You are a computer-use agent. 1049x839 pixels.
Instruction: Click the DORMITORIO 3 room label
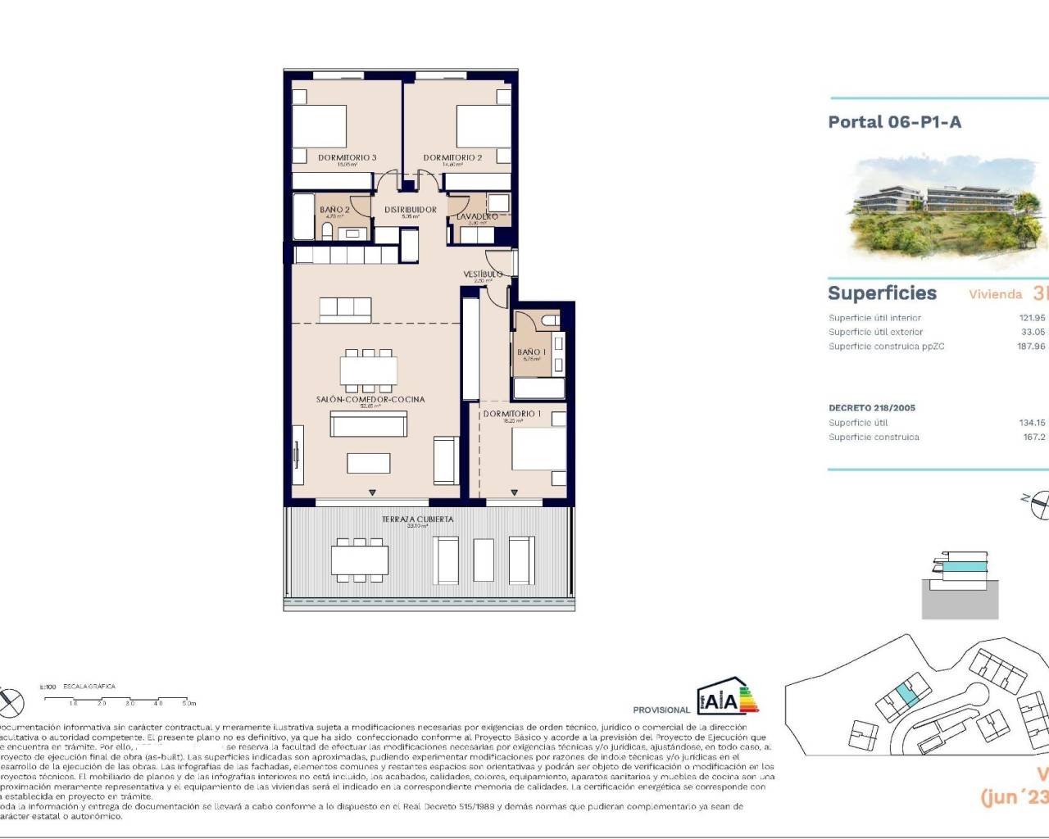[347, 157]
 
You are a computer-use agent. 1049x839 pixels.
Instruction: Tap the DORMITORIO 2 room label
[452, 157]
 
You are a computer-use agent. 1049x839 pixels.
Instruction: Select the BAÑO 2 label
[334, 210]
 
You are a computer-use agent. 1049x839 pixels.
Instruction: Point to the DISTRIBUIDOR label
[411, 210]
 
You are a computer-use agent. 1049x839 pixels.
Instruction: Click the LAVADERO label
[477, 217]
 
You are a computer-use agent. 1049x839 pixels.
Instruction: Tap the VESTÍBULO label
[483, 274]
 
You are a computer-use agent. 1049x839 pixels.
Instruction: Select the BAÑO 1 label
[531, 352]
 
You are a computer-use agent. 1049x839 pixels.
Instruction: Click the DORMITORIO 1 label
[512, 414]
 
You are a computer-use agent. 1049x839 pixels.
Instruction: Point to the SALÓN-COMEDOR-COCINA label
[370, 399]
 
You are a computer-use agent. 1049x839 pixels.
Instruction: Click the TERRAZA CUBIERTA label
[417, 519]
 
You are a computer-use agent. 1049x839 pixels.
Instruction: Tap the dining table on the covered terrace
[360, 560]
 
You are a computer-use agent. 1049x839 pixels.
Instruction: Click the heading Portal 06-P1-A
[894, 122]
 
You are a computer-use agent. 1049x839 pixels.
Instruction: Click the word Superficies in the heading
[882, 293]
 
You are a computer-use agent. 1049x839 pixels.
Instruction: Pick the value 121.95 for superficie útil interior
[1031, 318]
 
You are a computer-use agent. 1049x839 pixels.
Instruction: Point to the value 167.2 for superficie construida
[1033, 437]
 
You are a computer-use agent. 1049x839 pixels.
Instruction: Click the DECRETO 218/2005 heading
[872, 407]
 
